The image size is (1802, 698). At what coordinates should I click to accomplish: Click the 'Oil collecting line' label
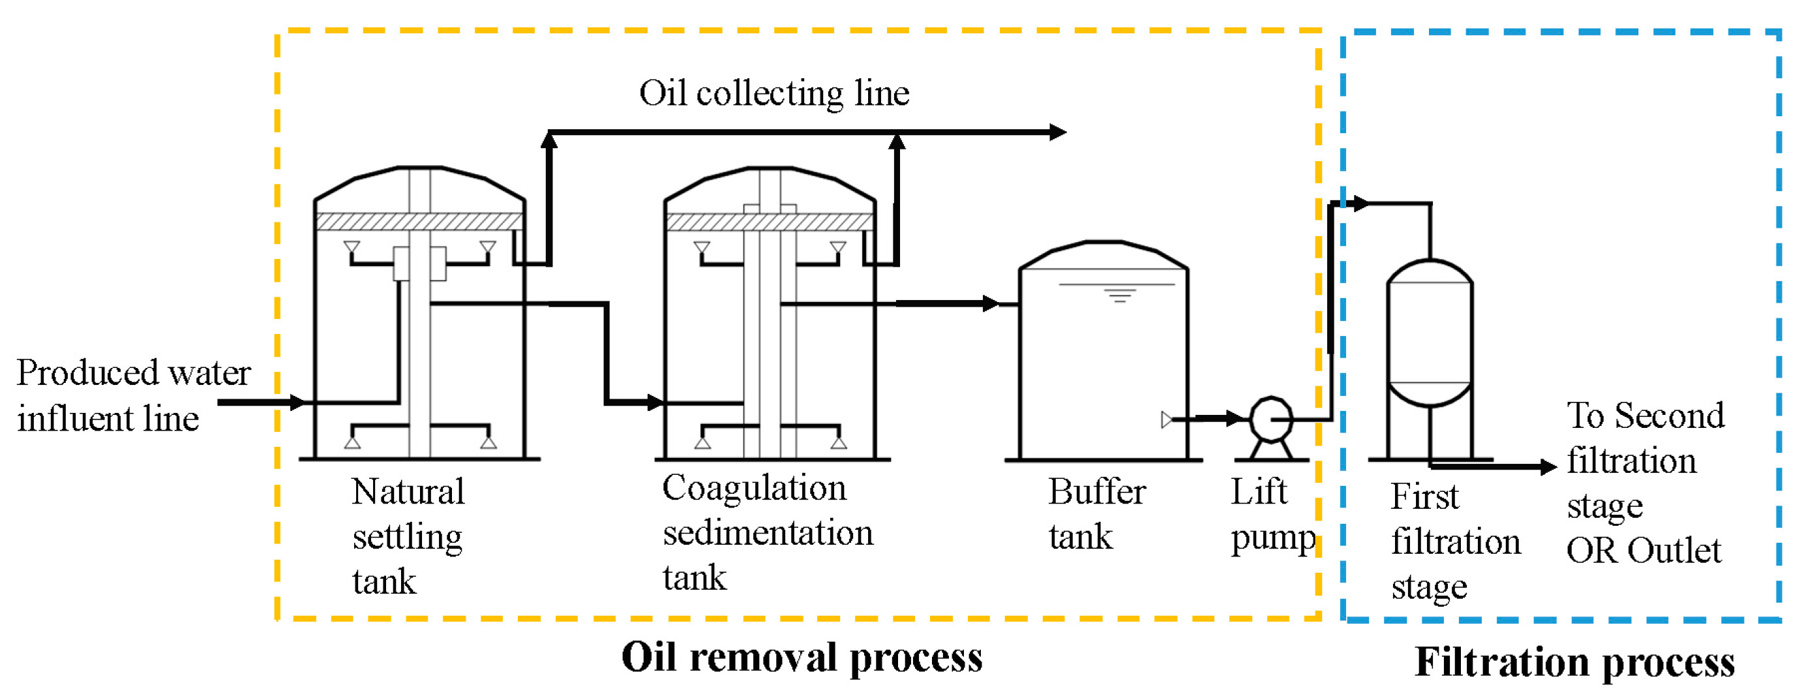click(x=773, y=93)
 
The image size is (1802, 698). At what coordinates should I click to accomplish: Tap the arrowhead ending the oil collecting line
click(x=1058, y=132)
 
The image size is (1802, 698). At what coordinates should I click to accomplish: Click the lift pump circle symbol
click(x=1271, y=419)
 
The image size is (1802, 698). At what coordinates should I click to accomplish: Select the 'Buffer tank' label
click(x=1096, y=514)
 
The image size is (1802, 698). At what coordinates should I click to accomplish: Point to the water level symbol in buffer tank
click(x=1119, y=293)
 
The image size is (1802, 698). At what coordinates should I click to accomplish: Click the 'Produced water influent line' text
click(x=133, y=395)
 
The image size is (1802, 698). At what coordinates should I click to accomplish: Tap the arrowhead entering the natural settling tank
click(x=298, y=403)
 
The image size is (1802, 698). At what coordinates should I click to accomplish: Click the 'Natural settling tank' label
click(x=408, y=536)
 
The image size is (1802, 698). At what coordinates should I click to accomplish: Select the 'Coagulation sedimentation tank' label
click(x=768, y=532)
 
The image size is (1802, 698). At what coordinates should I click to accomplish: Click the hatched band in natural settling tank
click(x=420, y=222)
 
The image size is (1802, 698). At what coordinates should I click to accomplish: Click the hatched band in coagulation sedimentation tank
click(x=770, y=222)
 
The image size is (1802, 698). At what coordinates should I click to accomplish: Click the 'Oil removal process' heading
click(x=802, y=658)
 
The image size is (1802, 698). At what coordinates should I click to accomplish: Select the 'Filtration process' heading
click(x=1574, y=661)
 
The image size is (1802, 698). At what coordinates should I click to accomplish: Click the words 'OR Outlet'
click(x=1644, y=551)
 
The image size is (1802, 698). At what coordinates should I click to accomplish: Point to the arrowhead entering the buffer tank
click(x=991, y=303)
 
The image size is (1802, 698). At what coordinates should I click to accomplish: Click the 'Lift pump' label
click(x=1272, y=514)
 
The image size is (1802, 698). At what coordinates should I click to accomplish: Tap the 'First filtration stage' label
click(x=1455, y=542)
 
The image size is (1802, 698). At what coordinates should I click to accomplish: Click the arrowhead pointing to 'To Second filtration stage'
click(x=1549, y=466)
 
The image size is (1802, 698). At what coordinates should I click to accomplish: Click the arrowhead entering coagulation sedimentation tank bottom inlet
click(x=655, y=403)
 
